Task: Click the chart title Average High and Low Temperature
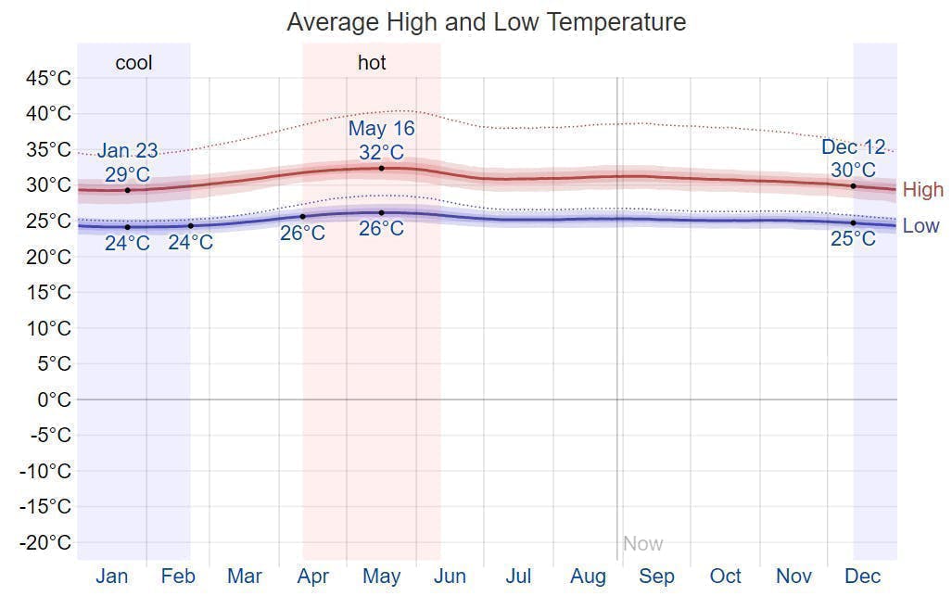tap(486, 22)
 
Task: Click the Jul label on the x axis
tap(518, 577)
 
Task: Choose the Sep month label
tap(656, 577)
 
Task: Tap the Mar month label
tap(244, 577)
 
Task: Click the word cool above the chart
tap(133, 63)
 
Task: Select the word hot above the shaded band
tap(372, 63)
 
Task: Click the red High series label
tap(922, 190)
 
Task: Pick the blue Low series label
tap(920, 226)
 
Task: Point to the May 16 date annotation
tap(381, 129)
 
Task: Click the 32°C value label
tap(381, 152)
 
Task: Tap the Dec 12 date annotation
tap(853, 147)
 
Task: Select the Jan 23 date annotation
tap(127, 151)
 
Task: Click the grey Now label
tap(642, 544)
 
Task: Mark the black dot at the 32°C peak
tap(381, 168)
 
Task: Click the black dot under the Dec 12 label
tap(853, 186)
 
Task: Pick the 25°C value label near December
tap(853, 239)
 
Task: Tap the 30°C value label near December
tap(853, 171)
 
